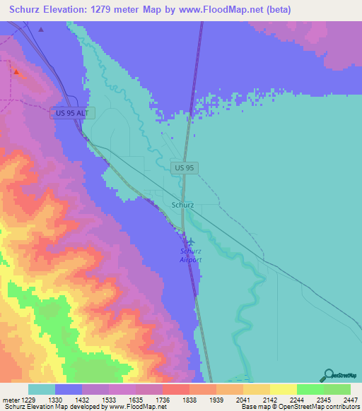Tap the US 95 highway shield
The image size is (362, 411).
[182, 167]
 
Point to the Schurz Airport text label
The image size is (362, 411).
[189, 256]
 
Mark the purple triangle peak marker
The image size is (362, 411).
[41, 30]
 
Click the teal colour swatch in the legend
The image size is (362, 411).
[42, 389]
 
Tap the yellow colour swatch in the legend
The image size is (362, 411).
[283, 389]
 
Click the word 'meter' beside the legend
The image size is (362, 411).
[11, 399]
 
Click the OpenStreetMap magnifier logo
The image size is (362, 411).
[328, 374]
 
